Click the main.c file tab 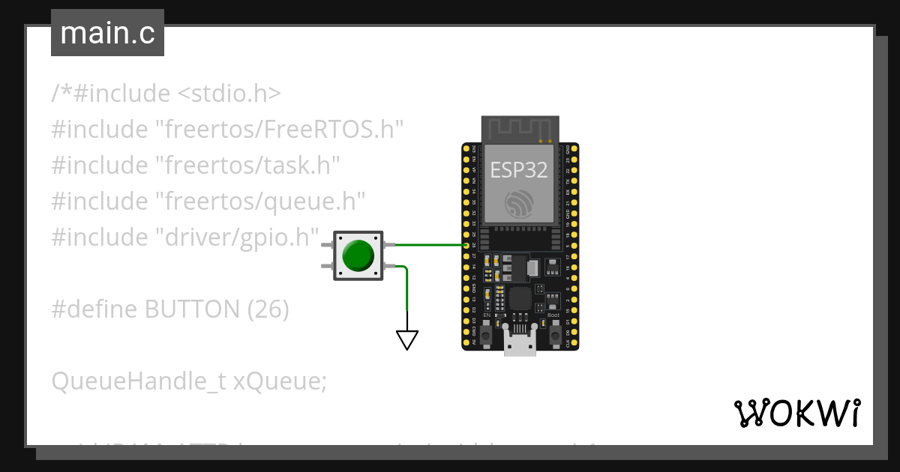107,34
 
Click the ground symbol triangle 406,341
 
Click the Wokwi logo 796,413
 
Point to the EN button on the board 487,336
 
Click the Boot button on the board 554,336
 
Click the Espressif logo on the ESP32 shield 519,204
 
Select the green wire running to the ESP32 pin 427,245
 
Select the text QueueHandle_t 139,381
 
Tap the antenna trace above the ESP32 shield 519,128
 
